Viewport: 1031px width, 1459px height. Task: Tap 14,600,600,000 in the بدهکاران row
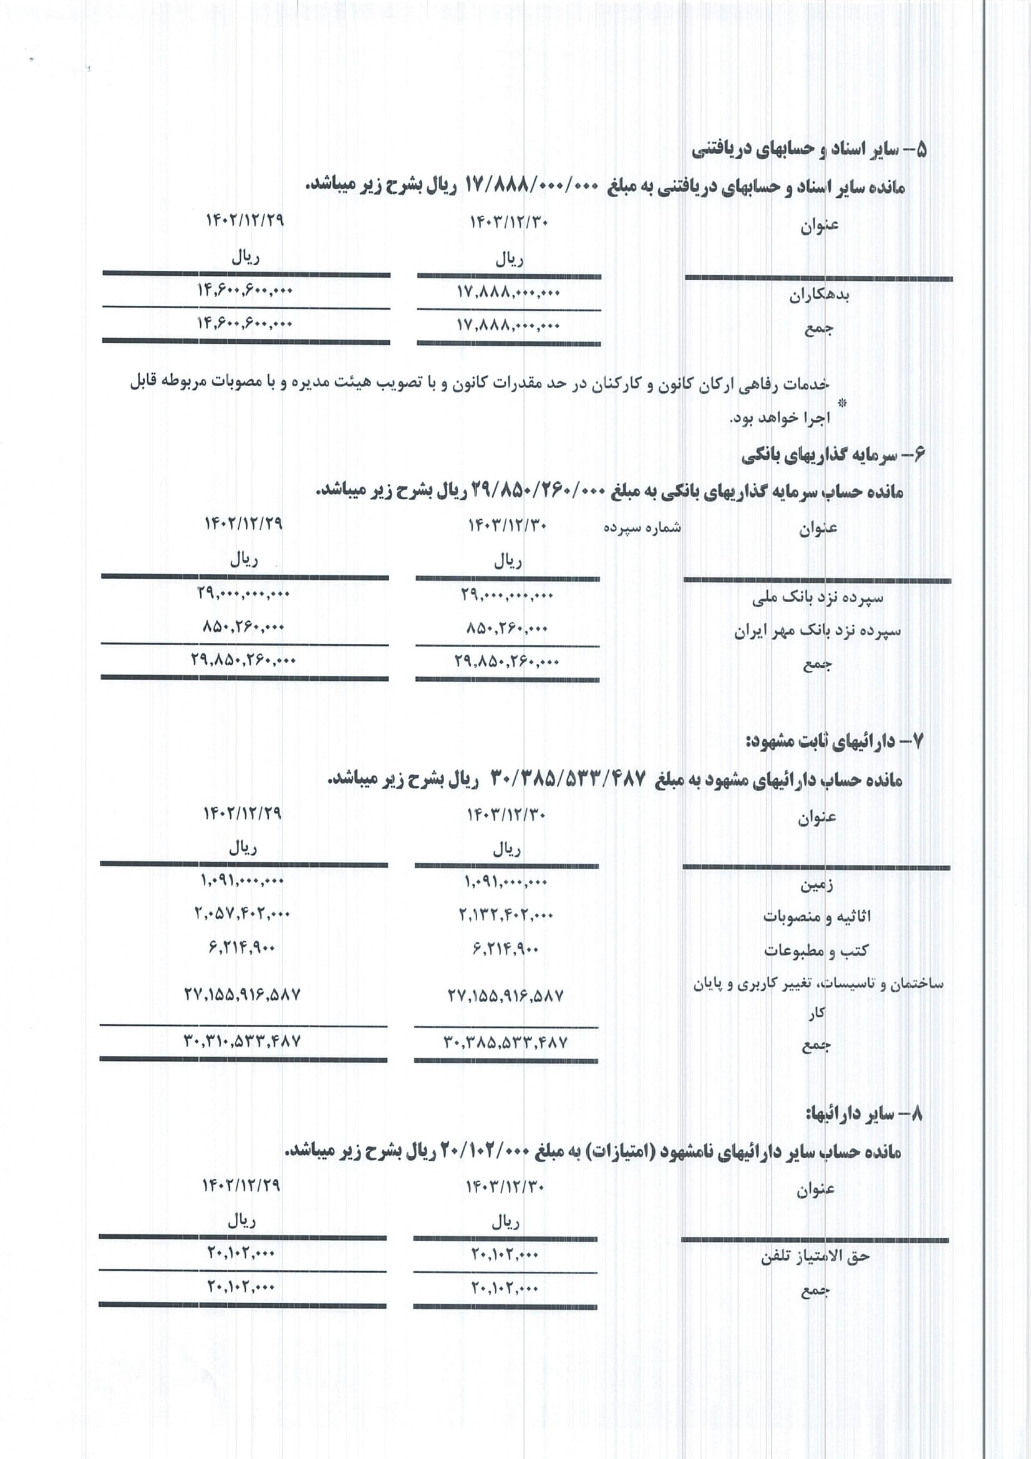coord(244,290)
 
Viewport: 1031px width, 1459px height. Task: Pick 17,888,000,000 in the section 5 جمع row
coord(508,326)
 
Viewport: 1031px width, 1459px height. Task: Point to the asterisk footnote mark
coord(844,403)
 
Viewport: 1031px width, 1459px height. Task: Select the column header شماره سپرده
coord(642,528)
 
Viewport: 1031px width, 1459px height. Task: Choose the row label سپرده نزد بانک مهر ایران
coord(818,631)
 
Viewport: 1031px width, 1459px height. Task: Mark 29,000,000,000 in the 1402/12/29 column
coord(243,594)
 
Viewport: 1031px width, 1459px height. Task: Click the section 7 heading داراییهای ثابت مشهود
coord(833,741)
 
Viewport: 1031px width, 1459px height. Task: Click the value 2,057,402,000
coord(242,914)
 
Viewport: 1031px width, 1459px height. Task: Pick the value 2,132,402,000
coord(506,915)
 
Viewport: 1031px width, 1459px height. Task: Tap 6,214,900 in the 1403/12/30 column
coord(506,949)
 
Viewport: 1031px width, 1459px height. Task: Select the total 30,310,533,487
coord(242,1042)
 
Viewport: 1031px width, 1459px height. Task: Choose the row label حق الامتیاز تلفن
coord(815,1256)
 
